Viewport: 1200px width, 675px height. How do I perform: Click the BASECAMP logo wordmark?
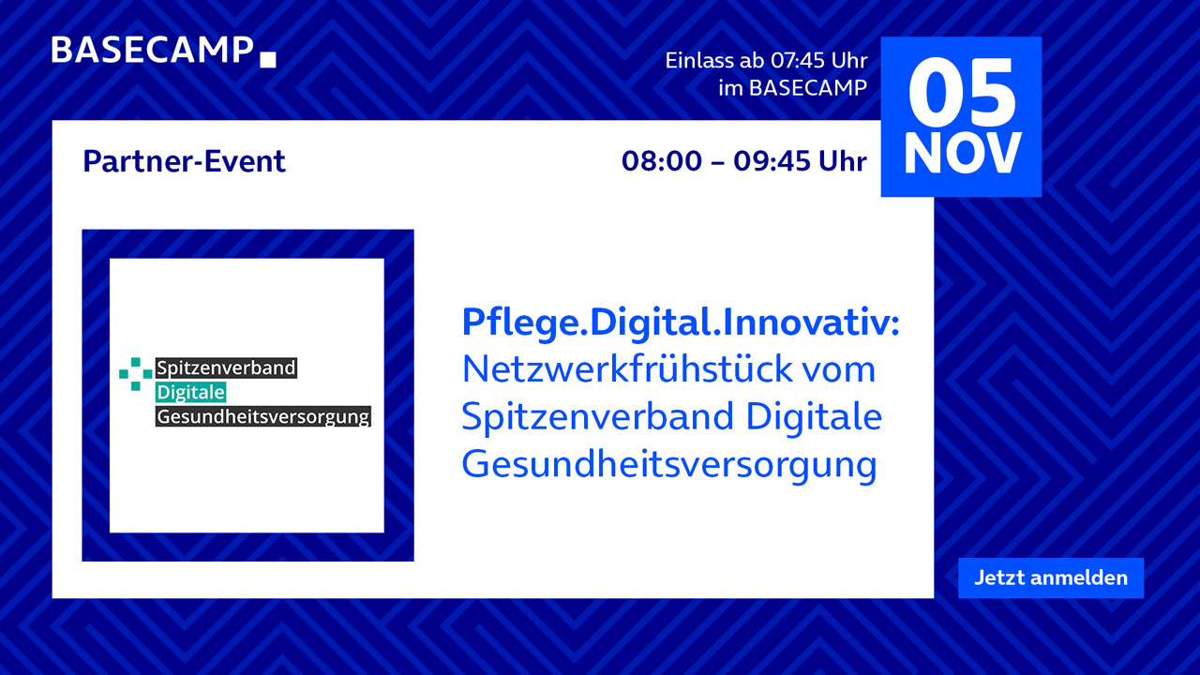click(152, 51)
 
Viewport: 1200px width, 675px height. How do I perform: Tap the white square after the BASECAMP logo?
click(268, 59)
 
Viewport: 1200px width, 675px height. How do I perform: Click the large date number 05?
click(962, 93)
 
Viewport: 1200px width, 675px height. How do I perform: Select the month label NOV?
click(962, 154)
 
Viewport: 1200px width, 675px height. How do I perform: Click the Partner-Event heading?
click(185, 161)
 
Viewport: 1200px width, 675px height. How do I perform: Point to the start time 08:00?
click(662, 161)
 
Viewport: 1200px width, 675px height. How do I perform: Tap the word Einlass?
click(699, 61)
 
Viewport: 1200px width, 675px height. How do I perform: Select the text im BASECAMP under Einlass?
click(793, 88)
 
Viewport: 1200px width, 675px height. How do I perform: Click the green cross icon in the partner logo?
click(136, 374)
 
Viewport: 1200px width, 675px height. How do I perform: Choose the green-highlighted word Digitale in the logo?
click(190, 392)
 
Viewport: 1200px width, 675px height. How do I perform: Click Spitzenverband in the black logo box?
click(226, 367)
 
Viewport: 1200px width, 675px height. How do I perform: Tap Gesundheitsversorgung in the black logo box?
click(263, 416)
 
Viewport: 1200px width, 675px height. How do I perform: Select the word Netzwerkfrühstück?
click(627, 369)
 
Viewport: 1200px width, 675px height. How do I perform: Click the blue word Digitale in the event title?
click(814, 416)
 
